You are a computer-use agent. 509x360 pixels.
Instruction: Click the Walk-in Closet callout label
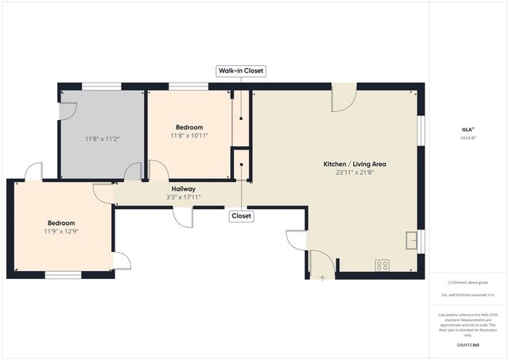click(x=241, y=71)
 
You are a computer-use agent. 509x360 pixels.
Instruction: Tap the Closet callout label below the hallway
click(x=241, y=215)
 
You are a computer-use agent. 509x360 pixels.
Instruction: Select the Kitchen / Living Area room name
click(x=354, y=164)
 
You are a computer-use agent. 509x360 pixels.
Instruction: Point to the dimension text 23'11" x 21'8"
click(x=354, y=172)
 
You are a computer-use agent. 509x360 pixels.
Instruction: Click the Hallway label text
click(x=183, y=189)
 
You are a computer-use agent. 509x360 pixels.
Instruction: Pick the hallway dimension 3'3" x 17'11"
click(x=181, y=198)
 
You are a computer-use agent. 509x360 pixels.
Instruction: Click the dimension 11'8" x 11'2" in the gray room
click(x=102, y=139)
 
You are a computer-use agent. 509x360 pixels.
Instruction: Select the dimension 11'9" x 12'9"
click(x=60, y=231)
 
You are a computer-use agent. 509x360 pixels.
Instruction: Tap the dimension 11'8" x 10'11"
click(x=189, y=135)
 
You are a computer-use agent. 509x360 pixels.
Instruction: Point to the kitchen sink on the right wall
click(x=411, y=239)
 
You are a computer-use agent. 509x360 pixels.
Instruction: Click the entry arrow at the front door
click(x=322, y=278)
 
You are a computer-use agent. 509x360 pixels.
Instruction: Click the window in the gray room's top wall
click(x=102, y=86)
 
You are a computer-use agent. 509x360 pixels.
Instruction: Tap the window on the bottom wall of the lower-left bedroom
click(x=62, y=275)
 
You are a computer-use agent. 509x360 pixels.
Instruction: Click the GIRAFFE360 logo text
click(x=468, y=346)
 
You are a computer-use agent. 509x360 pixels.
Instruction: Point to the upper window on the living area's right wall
click(x=422, y=131)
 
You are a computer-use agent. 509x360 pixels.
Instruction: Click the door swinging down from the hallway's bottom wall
click(x=183, y=216)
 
